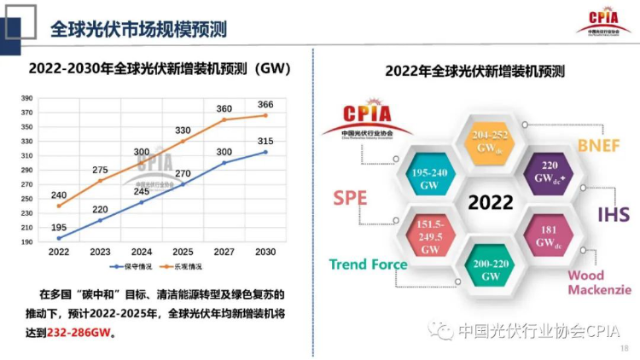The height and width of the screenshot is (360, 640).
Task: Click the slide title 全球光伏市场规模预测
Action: [x=139, y=30]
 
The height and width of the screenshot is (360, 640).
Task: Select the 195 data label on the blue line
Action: [x=59, y=226]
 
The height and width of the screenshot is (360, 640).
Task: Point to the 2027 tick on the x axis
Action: [x=224, y=253]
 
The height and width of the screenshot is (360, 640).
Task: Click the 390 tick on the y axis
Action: [x=26, y=98]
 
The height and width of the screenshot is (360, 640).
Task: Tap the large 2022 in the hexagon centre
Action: [x=485, y=203]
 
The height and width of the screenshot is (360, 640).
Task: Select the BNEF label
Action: [x=600, y=145]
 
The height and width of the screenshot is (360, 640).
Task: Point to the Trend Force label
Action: [x=368, y=264]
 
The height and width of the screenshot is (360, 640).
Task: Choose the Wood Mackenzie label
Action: [x=599, y=282]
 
